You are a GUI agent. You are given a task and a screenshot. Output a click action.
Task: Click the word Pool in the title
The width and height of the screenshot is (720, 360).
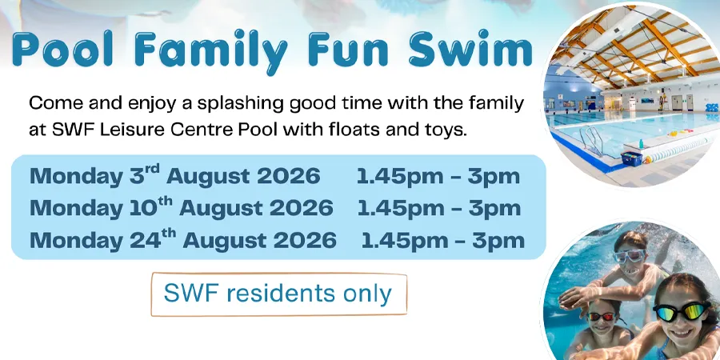pyautogui.click(x=64, y=50)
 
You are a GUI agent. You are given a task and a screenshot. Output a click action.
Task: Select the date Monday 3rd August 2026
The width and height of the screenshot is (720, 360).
pyautogui.click(x=175, y=177)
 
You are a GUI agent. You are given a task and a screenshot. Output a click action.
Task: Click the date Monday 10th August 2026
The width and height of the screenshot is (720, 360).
pyautogui.click(x=182, y=208)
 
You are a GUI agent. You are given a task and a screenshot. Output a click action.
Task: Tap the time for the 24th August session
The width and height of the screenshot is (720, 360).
pyautogui.click(x=442, y=241)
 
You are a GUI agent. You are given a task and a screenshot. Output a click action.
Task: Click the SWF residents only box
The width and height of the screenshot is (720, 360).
pyautogui.click(x=278, y=294)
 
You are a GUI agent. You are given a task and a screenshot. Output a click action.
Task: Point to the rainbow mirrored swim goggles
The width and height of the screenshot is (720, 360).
pyautogui.click(x=681, y=312)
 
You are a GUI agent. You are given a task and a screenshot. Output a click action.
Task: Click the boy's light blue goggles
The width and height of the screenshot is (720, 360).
pyautogui.click(x=629, y=255)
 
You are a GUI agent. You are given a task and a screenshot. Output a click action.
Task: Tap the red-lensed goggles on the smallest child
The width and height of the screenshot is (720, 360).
pyautogui.click(x=602, y=316)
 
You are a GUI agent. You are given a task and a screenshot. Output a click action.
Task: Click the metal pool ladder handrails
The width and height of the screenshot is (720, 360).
pyautogui.click(x=591, y=139)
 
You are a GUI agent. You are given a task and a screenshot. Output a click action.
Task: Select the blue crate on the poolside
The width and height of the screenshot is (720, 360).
pyautogui.click(x=631, y=158)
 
